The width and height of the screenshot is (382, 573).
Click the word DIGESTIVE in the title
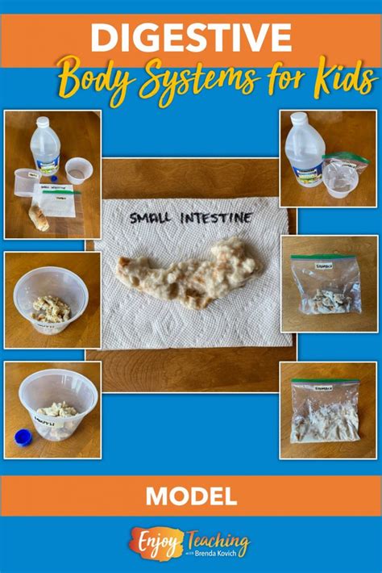[x=190, y=37]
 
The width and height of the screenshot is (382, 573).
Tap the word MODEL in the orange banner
[x=191, y=494]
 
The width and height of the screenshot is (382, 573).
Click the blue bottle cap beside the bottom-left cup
[x=23, y=438]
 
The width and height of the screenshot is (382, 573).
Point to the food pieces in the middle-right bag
[x=326, y=298]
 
